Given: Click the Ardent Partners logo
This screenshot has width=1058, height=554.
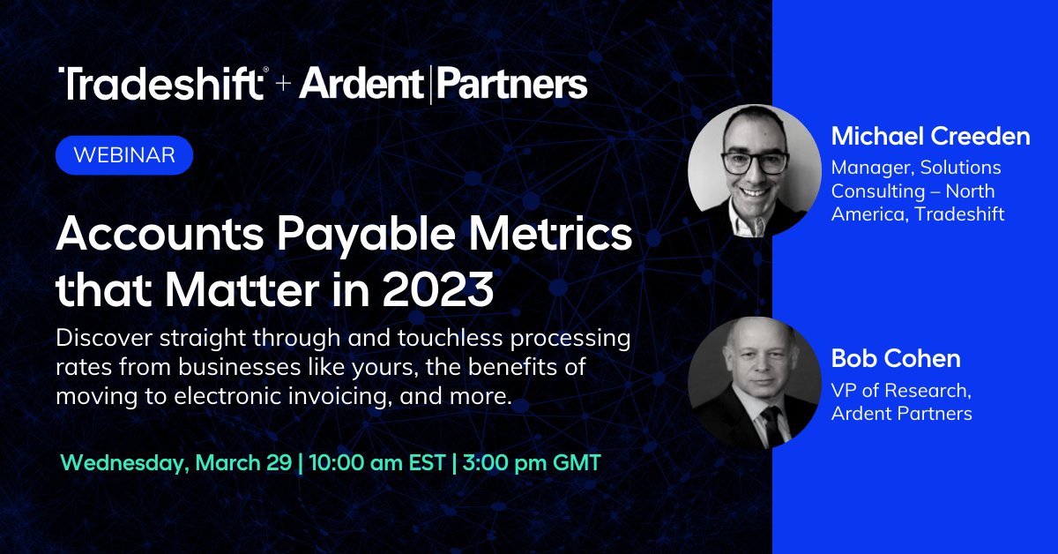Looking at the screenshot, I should tap(443, 86).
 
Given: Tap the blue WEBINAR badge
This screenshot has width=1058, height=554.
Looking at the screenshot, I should tap(123, 155).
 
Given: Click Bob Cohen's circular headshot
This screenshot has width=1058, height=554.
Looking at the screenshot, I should tap(754, 383).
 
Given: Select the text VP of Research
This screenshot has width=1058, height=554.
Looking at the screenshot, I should tap(895, 391).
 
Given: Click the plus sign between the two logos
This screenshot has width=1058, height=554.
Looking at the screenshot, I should tap(282, 86).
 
